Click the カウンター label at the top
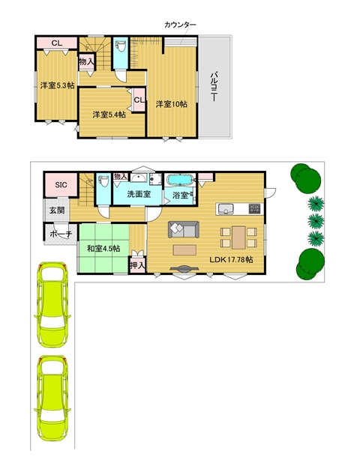point(180,25)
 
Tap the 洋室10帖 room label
point(172,104)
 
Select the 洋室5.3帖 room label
point(57,85)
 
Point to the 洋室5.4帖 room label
point(109,115)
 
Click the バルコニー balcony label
point(214,86)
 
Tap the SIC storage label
point(61,185)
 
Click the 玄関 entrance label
point(57,210)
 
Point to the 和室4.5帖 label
point(103,249)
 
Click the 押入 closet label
point(138,265)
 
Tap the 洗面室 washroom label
point(139,194)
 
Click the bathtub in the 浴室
point(180,180)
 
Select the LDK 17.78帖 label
point(231,259)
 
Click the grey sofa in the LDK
point(184,229)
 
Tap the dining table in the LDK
point(238,237)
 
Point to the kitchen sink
point(226,208)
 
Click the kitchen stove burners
point(254,208)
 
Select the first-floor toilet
point(103,181)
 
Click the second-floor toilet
point(121,46)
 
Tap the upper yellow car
point(52,305)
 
